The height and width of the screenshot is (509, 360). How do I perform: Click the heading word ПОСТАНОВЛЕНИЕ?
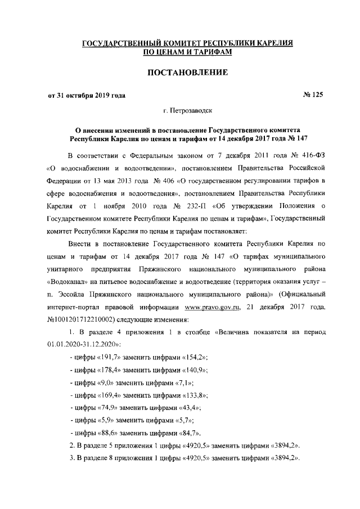(187, 73)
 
